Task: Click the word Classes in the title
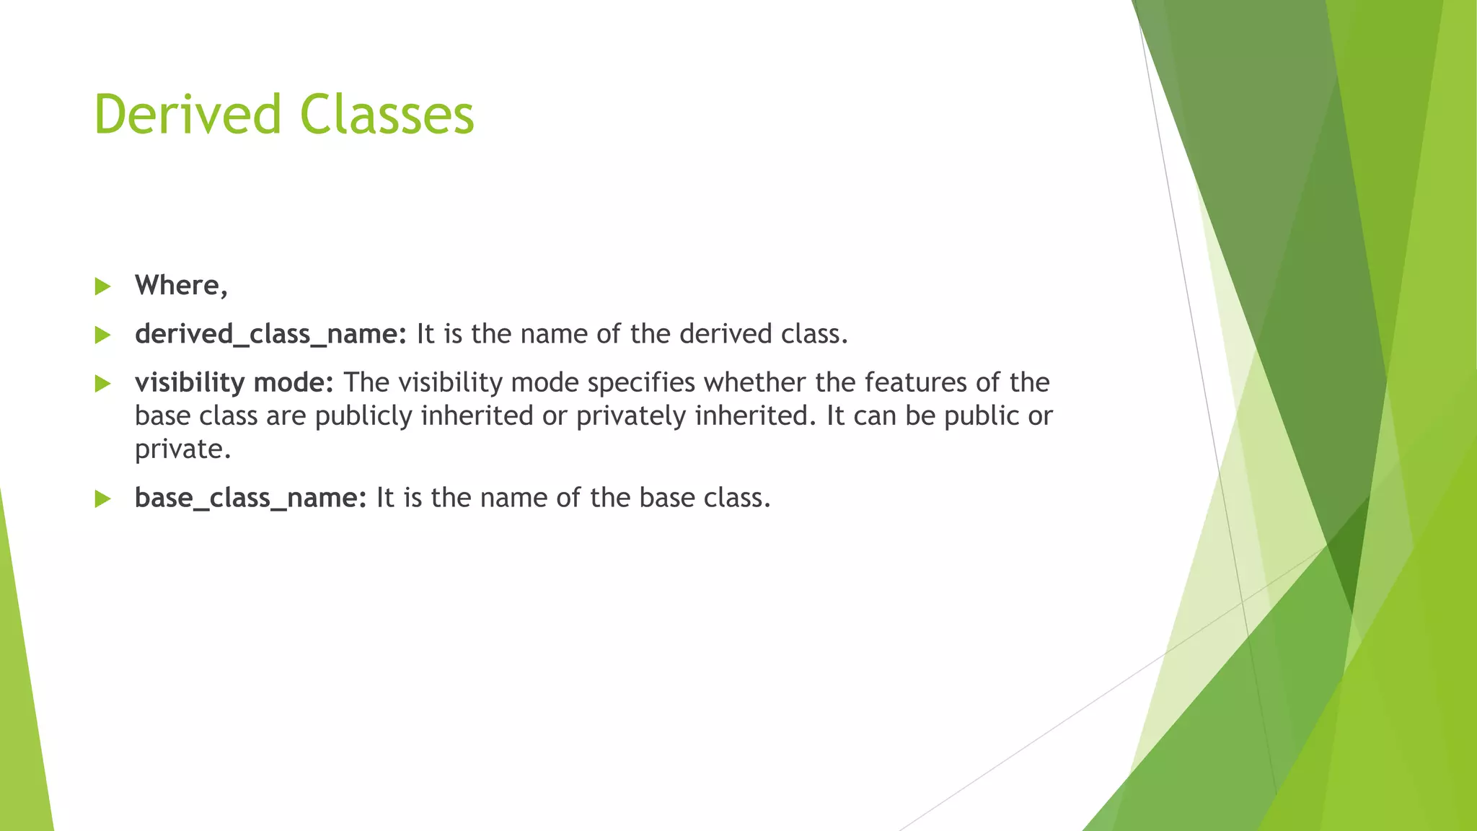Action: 387,114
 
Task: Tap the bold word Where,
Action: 181,286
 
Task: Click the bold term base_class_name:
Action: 251,498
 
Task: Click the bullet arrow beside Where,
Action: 102,286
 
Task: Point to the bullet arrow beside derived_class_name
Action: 102,335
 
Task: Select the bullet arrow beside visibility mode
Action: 102,384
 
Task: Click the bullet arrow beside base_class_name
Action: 102,498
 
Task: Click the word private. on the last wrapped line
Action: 182,449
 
